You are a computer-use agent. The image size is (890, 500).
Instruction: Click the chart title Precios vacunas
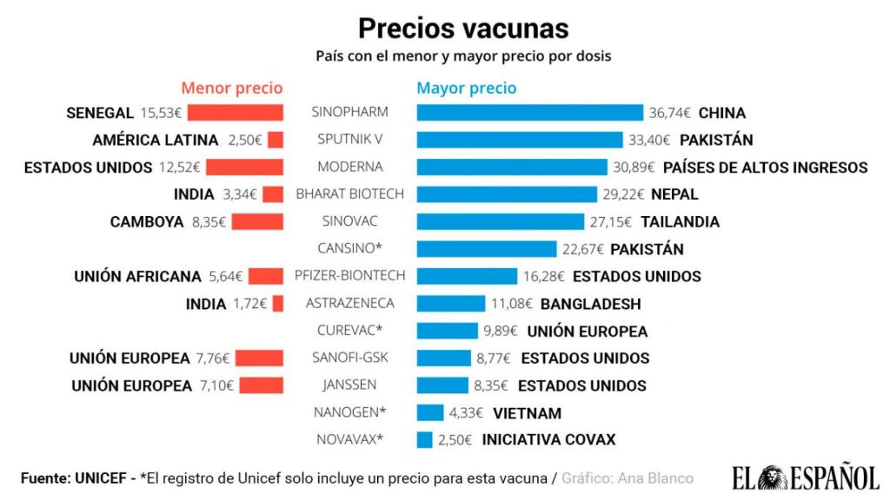(463, 28)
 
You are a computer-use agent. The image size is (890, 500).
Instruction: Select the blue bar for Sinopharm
(530, 113)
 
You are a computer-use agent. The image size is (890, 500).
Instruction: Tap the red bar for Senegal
(236, 113)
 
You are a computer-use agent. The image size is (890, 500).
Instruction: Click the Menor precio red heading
(231, 88)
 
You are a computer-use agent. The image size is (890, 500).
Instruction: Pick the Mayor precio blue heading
(466, 88)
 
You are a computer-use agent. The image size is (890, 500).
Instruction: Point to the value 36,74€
(670, 113)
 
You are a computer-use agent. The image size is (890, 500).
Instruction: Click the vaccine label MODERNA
(350, 167)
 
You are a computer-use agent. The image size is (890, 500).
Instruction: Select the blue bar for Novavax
(424, 439)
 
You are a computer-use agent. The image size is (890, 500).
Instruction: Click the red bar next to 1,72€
(278, 304)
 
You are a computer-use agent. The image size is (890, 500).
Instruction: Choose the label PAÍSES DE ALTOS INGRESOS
(765, 167)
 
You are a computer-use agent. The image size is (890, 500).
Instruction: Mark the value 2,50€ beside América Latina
(245, 140)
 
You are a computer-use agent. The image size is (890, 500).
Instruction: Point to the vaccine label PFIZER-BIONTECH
(350, 276)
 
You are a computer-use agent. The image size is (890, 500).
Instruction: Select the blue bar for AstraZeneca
(451, 304)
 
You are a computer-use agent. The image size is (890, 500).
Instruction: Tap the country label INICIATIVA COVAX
(548, 439)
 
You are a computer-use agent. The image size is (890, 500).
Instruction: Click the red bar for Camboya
(257, 221)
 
